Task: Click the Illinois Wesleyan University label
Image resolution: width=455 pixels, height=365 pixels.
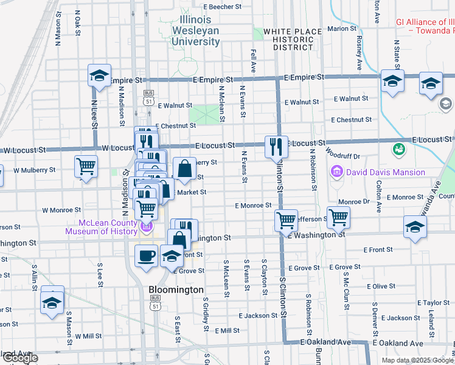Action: (x=195, y=30)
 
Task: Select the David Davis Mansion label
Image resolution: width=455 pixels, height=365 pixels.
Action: (x=386, y=172)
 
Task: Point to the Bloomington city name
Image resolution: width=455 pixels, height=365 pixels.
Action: (x=176, y=290)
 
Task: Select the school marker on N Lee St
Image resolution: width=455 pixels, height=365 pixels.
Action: (x=100, y=76)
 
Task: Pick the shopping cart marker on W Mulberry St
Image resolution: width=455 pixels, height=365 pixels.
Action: (x=86, y=166)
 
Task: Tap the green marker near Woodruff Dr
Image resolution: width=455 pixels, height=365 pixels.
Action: (x=399, y=148)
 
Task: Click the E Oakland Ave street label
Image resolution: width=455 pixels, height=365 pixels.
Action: (x=325, y=342)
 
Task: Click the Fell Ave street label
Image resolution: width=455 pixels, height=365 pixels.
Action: (x=253, y=60)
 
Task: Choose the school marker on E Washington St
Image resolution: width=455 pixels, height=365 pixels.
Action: (x=415, y=227)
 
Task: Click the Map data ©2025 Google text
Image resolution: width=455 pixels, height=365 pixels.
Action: (x=417, y=360)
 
